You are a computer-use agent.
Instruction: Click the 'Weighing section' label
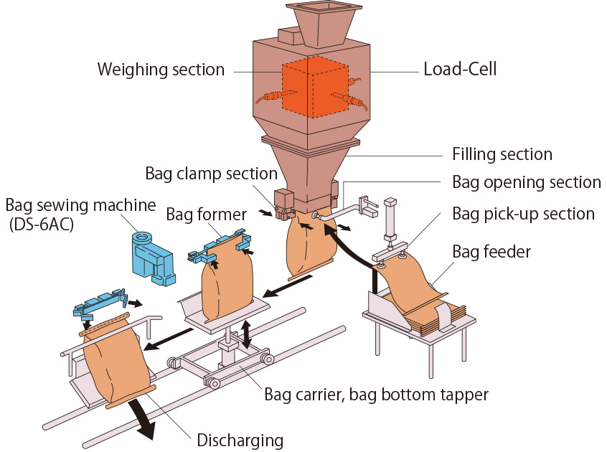(161, 70)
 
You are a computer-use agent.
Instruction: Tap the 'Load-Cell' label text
(460, 70)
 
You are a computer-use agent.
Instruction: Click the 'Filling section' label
(502, 154)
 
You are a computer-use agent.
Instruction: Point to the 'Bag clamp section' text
(211, 173)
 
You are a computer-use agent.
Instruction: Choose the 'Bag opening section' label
(527, 182)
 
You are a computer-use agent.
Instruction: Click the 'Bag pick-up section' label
(524, 214)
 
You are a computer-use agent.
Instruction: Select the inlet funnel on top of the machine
(321, 22)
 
